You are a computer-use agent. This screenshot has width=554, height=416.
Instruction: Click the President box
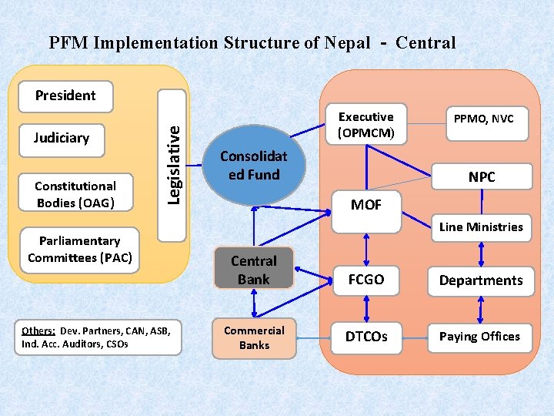65,96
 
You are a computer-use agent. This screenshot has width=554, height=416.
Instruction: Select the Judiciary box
62,139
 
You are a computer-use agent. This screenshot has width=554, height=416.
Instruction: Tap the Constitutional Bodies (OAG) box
75,194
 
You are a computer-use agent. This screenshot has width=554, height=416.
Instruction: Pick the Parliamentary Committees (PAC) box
80,250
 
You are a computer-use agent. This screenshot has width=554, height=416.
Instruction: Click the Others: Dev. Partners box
98,337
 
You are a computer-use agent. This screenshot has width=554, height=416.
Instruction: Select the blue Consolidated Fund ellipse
253,166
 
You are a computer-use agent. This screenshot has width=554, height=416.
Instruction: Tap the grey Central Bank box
253,269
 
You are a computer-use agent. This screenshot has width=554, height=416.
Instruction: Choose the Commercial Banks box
254,338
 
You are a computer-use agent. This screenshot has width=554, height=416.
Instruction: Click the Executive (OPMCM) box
366,125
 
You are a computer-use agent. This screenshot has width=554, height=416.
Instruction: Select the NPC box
482,177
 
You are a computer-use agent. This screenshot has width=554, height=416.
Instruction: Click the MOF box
366,205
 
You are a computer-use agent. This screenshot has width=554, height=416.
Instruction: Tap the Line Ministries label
481,227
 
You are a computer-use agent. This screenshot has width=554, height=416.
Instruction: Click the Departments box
481,281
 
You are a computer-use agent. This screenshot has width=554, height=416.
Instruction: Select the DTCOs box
366,337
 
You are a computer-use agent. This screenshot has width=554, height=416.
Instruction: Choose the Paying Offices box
480,337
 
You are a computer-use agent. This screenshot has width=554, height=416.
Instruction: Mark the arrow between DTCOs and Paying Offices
415,337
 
